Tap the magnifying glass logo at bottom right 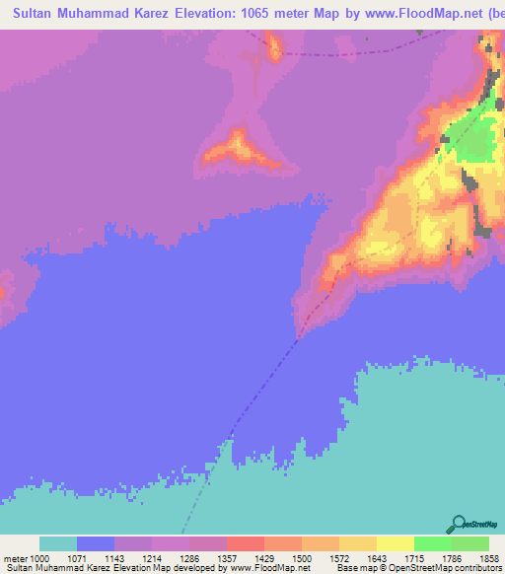(x=456, y=524)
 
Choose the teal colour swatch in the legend (x=58, y=543)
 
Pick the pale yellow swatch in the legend (x=396, y=543)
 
